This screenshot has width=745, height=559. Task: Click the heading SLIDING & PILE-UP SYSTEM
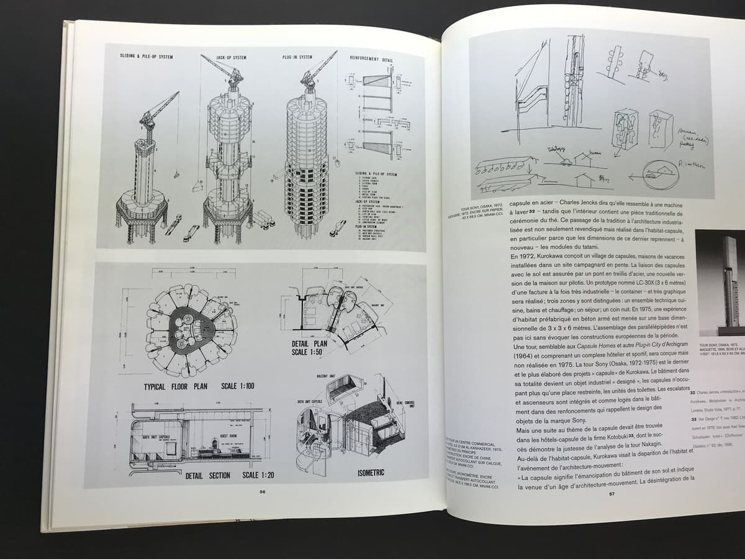[147, 56]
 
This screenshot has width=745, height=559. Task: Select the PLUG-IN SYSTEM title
[297, 57]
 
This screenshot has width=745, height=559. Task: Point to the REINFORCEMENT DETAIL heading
[371, 59]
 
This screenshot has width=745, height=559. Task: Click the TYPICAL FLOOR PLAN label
[176, 386]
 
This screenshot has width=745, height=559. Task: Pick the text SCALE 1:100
[238, 386]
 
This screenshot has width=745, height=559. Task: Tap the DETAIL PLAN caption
[309, 343]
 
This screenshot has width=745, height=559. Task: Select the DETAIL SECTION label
[207, 476]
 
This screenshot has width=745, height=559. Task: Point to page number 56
[262, 492]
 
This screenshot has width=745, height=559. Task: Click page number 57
[611, 494]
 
